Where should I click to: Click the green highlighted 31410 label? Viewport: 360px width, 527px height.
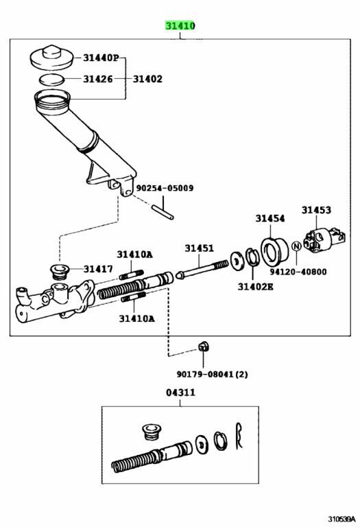180,26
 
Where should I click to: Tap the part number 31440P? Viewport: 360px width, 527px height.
101,58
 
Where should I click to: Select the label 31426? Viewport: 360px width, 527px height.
98,79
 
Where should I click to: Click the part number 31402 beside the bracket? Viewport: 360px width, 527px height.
147,79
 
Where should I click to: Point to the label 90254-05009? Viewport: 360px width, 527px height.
165,188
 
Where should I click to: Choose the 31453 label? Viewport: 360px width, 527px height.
316,210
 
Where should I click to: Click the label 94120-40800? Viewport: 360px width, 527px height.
298,272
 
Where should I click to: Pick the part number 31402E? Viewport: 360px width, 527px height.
256,287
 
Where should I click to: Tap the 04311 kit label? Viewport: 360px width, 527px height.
180,393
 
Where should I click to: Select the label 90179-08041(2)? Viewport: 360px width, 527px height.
213,374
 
